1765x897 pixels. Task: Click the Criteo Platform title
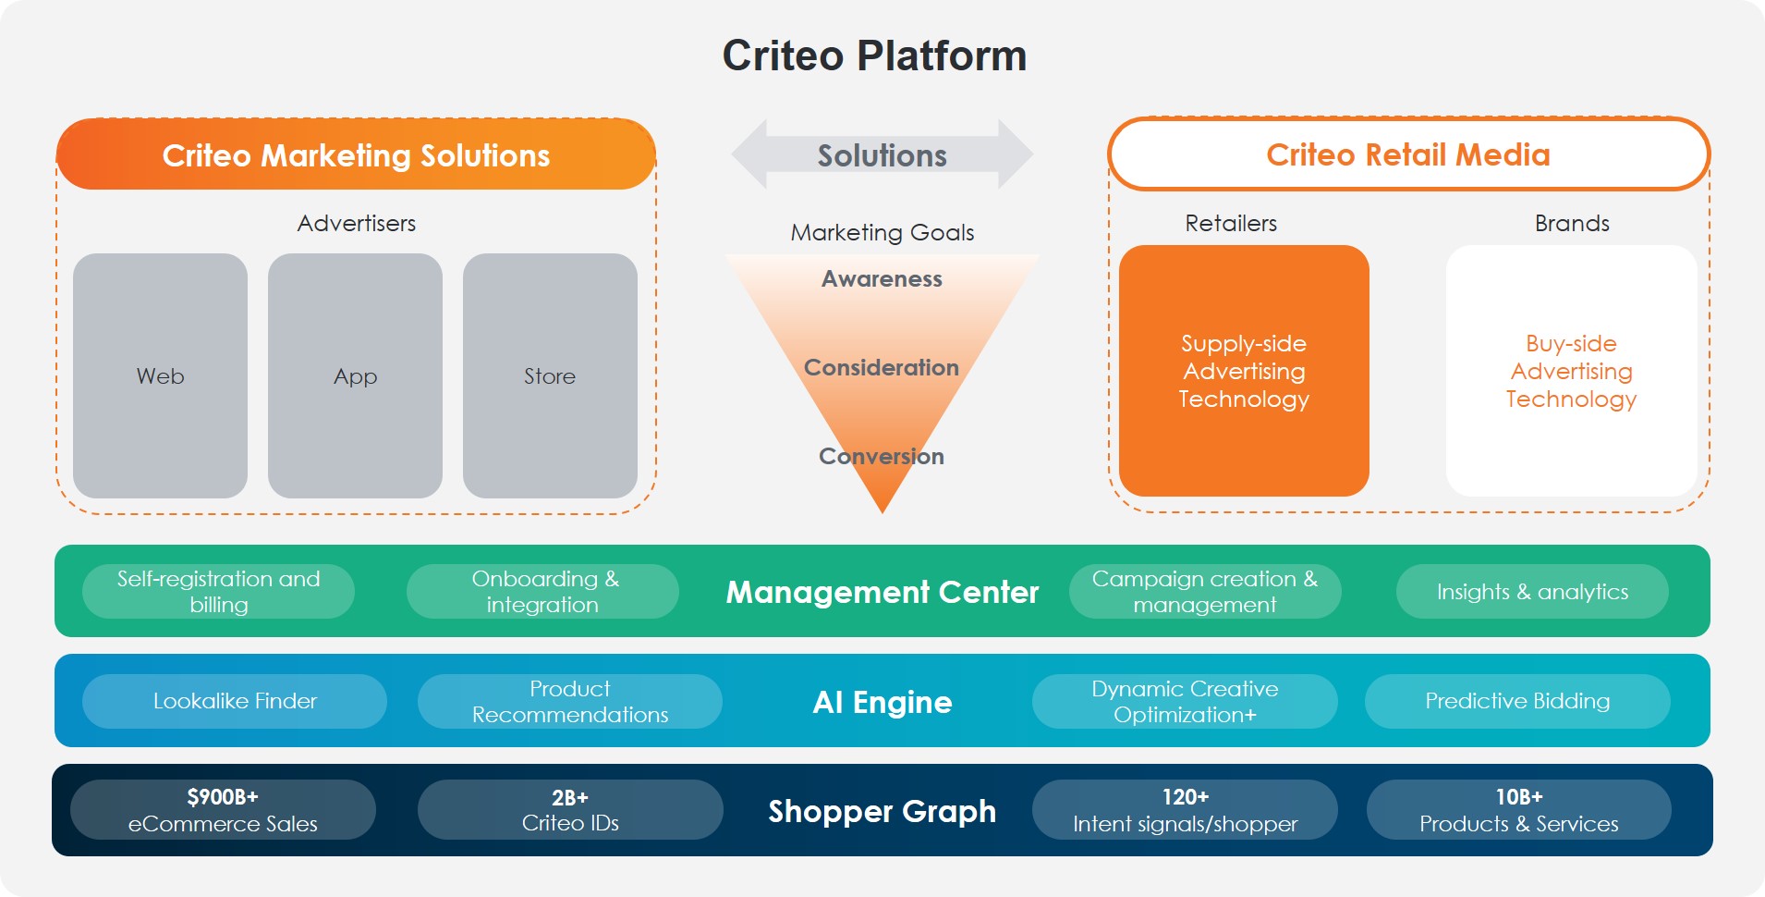(x=874, y=55)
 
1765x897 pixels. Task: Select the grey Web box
(x=160, y=375)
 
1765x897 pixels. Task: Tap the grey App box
(x=355, y=375)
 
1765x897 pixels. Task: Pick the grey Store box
(x=550, y=375)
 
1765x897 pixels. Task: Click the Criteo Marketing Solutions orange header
(x=356, y=154)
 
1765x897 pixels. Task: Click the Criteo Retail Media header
(x=1408, y=154)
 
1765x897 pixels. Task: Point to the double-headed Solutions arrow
(x=882, y=154)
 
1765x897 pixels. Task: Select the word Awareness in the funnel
(x=882, y=278)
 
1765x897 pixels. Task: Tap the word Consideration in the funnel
(x=882, y=367)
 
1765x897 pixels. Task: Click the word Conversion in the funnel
(x=882, y=456)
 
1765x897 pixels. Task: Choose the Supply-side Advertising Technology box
(x=1244, y=371)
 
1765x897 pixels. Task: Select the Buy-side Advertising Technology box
(x=1571, y=371)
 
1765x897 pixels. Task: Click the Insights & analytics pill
(x=1532, y=591)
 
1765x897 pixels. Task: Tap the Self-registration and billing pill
(x=218, y=591)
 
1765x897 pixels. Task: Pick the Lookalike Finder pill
(x=235, y=701)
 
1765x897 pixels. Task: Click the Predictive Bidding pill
(x=1517, y=701)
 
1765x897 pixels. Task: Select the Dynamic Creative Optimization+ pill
(x=1185, y=701)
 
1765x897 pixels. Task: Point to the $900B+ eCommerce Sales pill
(x=223, y=810)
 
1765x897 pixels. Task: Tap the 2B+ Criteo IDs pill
(x=570, y=810)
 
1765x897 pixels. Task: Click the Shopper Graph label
(x=882, y=811)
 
